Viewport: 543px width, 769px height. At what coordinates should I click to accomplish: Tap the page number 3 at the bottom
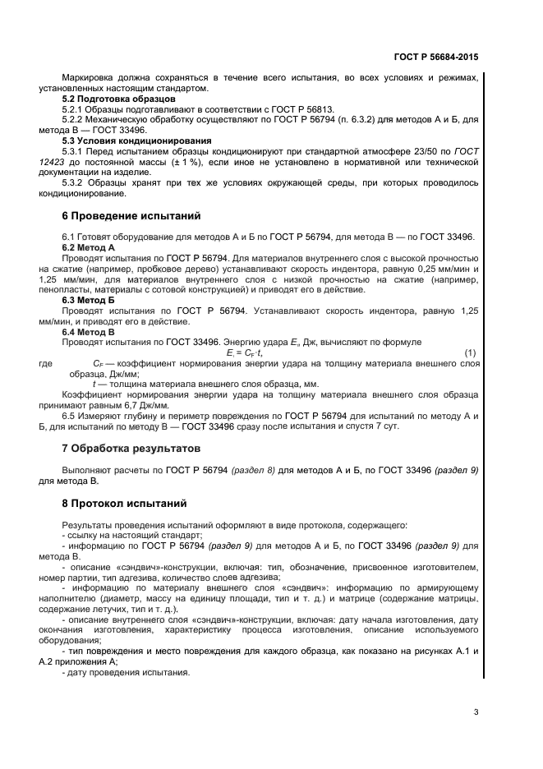[476, 711]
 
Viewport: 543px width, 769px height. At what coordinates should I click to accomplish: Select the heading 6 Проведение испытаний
[131, 217]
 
